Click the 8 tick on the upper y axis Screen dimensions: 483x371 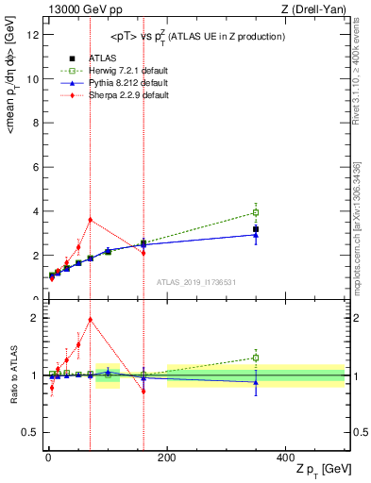(37, 124)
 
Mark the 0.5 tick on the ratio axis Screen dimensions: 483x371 (32, 432)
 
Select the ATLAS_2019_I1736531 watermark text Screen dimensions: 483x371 (195, 281)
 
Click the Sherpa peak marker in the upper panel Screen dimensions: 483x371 (90, 220)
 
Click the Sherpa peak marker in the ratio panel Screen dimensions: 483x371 (90, 319)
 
